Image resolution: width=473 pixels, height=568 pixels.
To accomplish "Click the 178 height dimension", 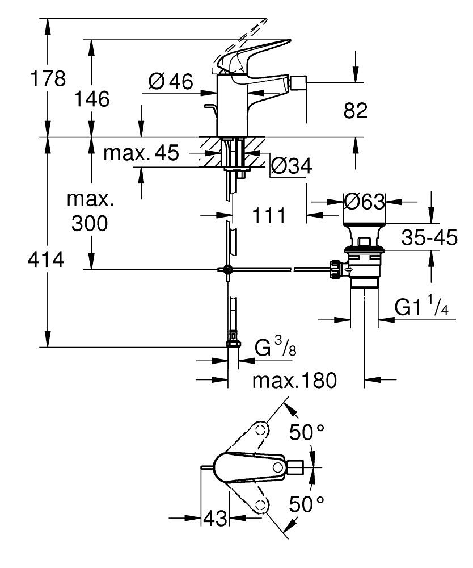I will coord(48,78).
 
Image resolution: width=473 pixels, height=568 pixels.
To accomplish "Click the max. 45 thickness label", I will coord(141,153).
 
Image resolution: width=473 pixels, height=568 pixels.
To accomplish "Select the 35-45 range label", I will coord(429,238).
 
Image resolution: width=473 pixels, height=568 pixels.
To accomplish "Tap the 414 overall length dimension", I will coord(47,261).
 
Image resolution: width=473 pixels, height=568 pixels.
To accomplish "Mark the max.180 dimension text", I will coord(294,380).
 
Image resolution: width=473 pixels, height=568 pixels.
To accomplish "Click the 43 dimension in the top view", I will coord(215,518).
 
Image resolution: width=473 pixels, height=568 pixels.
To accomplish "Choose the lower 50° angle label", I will coord(307,503).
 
